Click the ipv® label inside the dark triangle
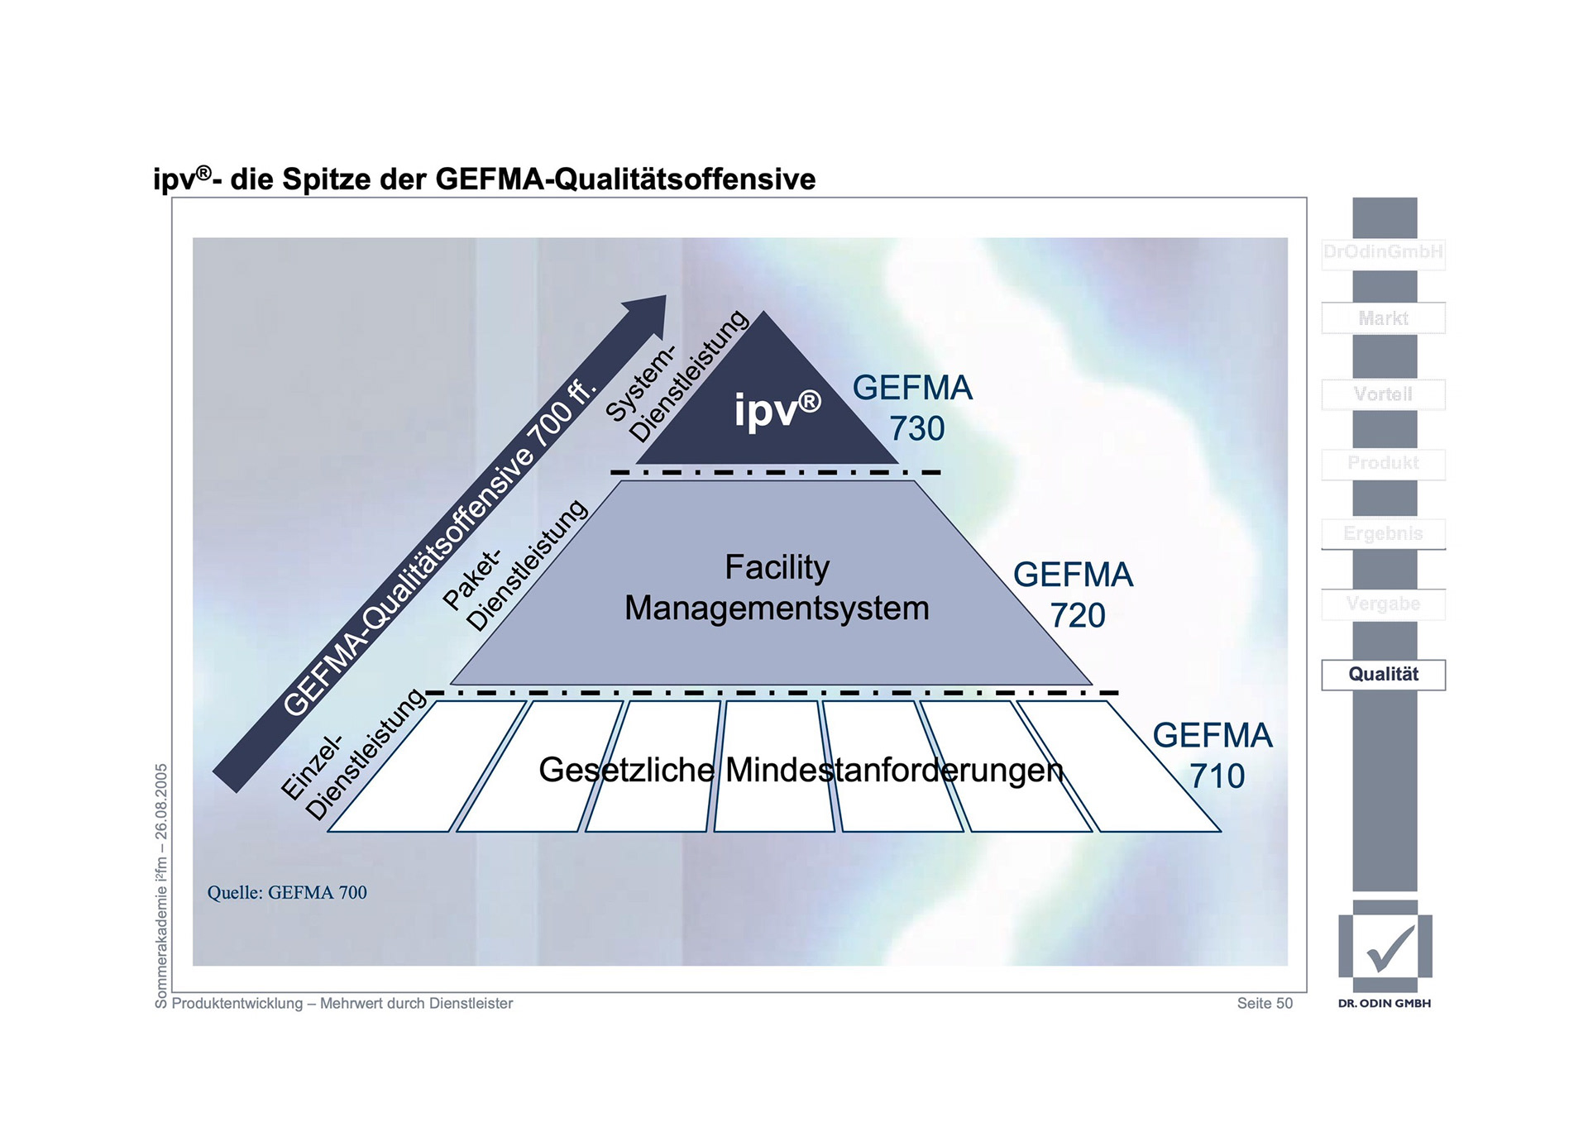777,408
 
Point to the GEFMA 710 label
1213,755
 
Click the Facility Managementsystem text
777,587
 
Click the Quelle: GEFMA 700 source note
287,892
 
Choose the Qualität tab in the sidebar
1383,674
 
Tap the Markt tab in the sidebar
1383,318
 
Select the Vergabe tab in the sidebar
1383,604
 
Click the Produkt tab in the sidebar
1383,463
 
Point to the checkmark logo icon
1386,948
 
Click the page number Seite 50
1265,1003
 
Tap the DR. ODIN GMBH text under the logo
1385,1003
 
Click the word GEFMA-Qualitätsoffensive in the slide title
625,179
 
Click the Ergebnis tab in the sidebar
1383,533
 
